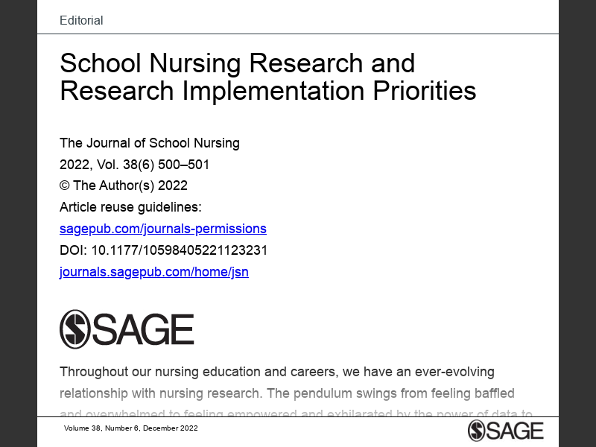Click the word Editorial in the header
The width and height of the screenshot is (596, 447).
pos(81,20)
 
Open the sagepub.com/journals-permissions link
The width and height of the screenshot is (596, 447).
pos(162,229)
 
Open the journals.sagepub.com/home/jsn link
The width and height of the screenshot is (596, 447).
pos(153,272)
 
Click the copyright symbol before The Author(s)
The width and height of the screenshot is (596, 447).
pos(64,186)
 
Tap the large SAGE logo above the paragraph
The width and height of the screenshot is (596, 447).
pos(127,329)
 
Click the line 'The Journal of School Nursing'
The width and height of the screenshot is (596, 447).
pos(149,143)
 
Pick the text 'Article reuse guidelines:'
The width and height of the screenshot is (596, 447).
pos(130,207)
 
